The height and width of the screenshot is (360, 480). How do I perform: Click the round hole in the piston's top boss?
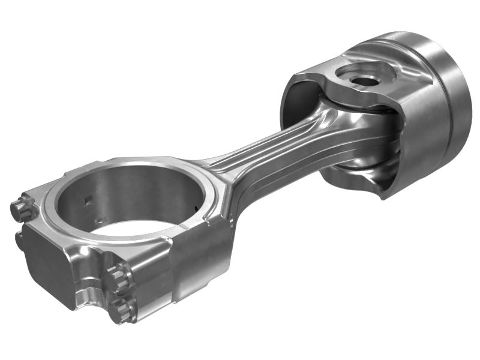(x=362, y=78)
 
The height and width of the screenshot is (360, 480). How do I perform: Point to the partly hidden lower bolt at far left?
(x=19, y=239)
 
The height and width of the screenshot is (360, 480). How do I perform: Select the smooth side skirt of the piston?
(x=420, y=138)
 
